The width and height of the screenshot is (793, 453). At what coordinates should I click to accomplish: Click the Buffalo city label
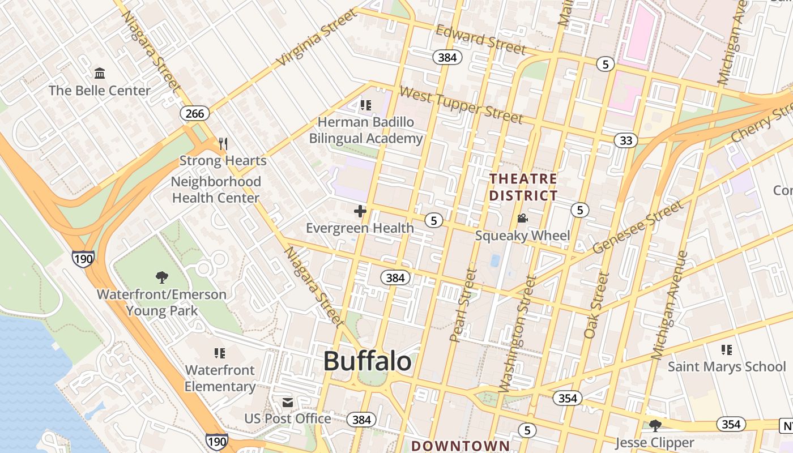click(x=367, y=361)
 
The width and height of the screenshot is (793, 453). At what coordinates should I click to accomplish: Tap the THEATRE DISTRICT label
click(x=523, y=187)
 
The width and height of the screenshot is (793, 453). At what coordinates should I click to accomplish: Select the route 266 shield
click(x=195, y=113)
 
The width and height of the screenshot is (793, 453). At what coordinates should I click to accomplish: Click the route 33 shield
click(x=625, y=140)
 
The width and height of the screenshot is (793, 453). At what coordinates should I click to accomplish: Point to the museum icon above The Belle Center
click(x=100, y=73)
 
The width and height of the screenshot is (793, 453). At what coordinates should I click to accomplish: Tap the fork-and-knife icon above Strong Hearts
click(x=223, y=144)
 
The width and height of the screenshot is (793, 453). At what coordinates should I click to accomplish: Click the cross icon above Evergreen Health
click(x=360, y=212)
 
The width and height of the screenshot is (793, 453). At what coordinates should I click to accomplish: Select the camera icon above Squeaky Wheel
click(x=522, y=219)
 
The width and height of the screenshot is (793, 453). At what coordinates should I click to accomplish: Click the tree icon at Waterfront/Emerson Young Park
click(x=161, y=277)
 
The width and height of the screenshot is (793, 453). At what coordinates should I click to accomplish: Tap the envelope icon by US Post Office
click(x=288, y=403)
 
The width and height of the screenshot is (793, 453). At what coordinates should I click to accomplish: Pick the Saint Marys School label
click(x=727, y=367)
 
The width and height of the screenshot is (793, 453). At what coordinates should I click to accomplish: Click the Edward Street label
click(x=480, y=40)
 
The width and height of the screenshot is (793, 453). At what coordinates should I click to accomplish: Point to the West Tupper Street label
click(x=461, y=105)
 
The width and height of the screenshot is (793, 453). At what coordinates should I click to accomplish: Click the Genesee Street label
click(x=637, y=228)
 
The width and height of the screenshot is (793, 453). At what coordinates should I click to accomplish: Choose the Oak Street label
click(x=596, y=306)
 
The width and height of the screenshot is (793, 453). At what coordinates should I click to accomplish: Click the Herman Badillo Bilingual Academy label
click(x=366, y=130)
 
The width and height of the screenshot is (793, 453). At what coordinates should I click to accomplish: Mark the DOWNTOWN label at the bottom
click(x=461, y=446)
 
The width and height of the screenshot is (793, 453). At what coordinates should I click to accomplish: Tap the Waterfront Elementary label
click(x=220, y=378)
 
